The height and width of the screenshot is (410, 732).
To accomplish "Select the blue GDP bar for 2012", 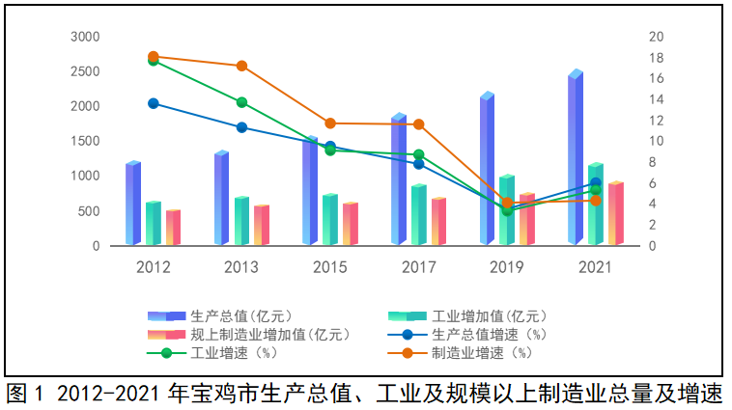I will pyautogui.click(x=132, y=204).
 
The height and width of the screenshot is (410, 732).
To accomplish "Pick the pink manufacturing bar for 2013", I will pyautogui.click(x=261, y=225).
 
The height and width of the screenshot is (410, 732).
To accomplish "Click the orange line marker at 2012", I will pyautogui.click(x=154, y=57).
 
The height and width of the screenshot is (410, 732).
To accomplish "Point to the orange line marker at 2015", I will pyautogui.click(x=330, y=123).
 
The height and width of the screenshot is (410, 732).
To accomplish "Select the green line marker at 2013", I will pyautogui.click(x=241, y=102).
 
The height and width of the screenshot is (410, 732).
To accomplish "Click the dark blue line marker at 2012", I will pyautogui.click(x=154, y=103).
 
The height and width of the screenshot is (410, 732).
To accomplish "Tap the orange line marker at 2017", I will pyautogui.click(x=418, y=124).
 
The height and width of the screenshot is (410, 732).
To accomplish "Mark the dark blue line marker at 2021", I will pyautogui.click(x=596, y=182).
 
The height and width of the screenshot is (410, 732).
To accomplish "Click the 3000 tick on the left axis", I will pyautogui.click(x=86, y=37).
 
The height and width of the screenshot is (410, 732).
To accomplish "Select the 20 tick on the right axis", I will pyautogui.click(x=657, y=37).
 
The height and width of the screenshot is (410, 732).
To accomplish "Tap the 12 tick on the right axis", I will pyautogui.click(x=657, y=121).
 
